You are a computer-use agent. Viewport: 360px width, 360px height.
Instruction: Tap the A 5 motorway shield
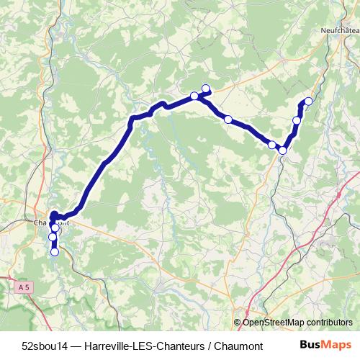25,287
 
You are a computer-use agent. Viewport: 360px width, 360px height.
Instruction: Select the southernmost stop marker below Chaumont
55,251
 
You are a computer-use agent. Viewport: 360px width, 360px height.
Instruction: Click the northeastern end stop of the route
309,101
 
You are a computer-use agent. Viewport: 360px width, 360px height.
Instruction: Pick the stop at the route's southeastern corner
283,150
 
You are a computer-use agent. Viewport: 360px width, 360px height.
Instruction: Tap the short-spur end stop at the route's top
206,89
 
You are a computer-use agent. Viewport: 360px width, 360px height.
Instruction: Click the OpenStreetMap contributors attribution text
298,322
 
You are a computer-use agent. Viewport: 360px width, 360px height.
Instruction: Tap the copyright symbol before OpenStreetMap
238,322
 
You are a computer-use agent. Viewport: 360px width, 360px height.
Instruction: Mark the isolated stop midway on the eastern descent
228,120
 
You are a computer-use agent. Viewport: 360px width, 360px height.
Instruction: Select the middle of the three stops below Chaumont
53,237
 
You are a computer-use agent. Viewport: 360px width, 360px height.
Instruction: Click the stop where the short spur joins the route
194,96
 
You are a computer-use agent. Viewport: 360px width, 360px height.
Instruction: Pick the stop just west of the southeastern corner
272,145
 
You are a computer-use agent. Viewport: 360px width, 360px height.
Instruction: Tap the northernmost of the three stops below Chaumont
55,228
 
